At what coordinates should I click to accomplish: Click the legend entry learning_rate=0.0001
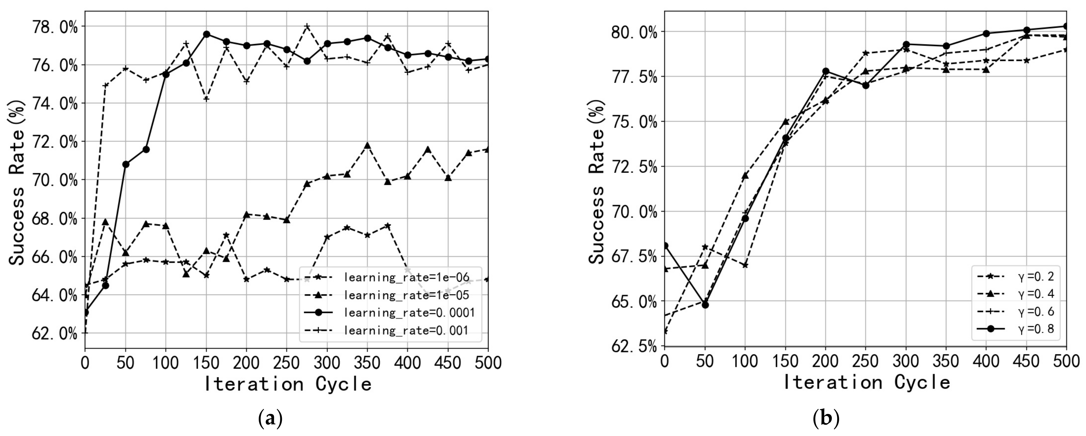[409, 312]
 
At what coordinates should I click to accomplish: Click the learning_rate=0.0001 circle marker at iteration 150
[207, 34]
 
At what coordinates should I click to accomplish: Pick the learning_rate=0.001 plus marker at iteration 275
[307, 26]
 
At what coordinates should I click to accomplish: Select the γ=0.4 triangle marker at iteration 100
[745, 175]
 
